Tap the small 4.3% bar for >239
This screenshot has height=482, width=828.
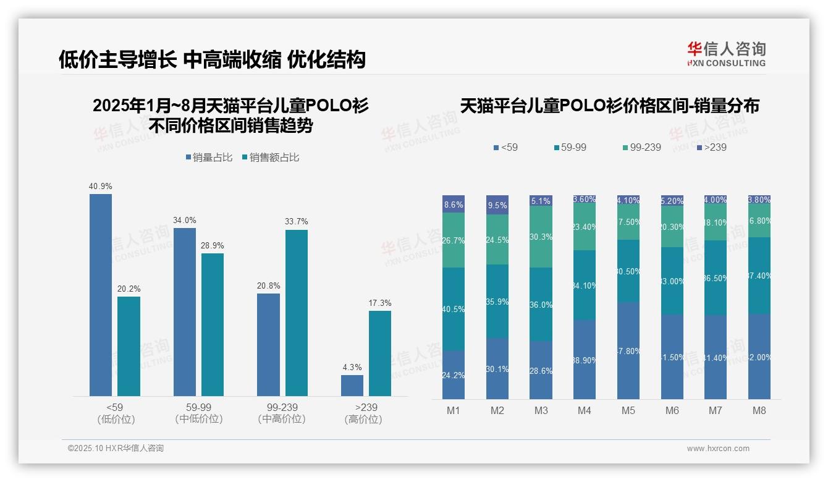(352, 385)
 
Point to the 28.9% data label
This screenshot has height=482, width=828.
(212, 245)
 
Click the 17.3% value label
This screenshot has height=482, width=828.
(380, 303)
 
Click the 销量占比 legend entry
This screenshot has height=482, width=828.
(209, 158)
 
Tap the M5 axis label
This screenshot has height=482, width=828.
(628, 410)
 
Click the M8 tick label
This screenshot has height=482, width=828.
(759, 410)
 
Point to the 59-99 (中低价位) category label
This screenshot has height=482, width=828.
(198, 413)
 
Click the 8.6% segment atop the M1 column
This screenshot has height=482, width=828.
(454, 205)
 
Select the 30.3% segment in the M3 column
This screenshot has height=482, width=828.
(541, 237)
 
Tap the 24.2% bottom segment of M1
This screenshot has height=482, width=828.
(454, 375)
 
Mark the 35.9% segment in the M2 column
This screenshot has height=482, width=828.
(497, 302)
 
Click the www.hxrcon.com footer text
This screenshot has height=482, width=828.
(718, 449)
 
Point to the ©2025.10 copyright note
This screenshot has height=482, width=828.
(116, 449)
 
